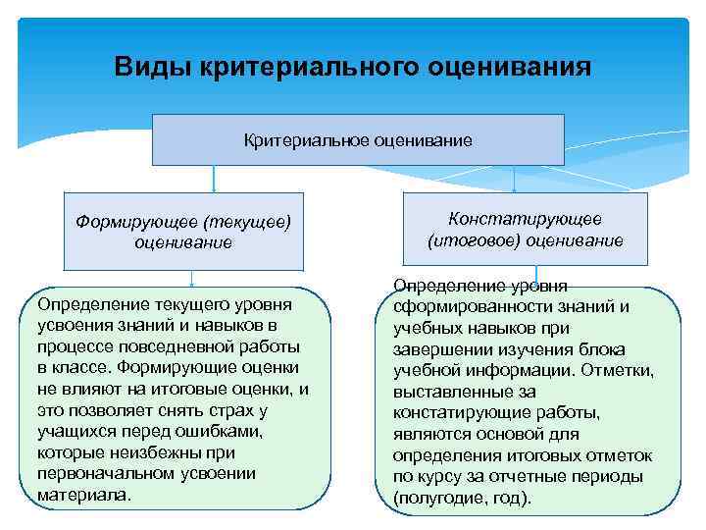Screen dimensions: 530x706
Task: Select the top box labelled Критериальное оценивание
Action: click(x=358, y=140)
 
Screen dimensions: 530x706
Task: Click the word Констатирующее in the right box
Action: click(x=525, y=220)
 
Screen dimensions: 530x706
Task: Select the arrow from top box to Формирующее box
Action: click(x=214, y=179)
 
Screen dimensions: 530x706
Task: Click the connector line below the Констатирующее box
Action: click(x=535, y=275)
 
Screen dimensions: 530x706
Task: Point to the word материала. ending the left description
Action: click(x=83, y=495)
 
